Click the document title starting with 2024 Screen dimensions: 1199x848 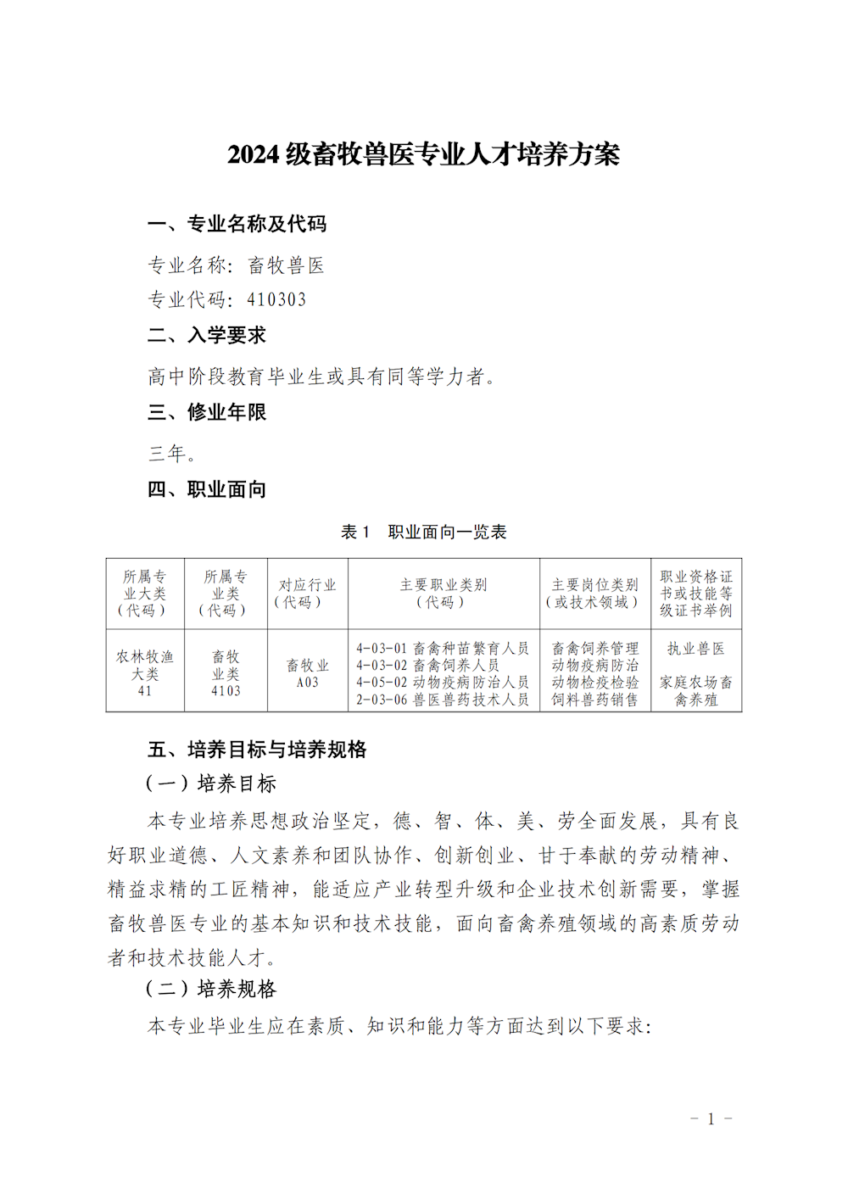pyautogui.click(x=423, y=154)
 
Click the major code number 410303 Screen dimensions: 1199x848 pyautogui.click(x=276, y=299)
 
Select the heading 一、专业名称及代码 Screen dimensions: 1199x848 pyautogui.click(x=237, y=224)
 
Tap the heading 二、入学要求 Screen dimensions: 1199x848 pyautogui.click(x=207, y=336)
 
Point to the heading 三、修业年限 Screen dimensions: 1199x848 pyautogui.click(x=207, y=412)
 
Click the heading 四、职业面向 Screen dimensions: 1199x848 pyautogui.click(x=207, y=489)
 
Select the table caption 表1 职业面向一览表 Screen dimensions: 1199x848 pyautogui.click(x=423, y=532)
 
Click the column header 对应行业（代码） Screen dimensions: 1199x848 pyautogui.click(x=307, y=594)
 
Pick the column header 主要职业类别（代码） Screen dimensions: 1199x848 pyautogui.click(x=443, y=594)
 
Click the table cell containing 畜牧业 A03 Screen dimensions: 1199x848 pyautogui.click(x=307, y=673)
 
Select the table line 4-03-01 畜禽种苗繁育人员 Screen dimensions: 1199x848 pyautogui.click(x=442, y=649)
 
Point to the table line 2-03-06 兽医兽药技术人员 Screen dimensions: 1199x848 pyautogui.click(x=442, y=700)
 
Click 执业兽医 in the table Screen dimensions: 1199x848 pyautogui.click(x=695, y=649)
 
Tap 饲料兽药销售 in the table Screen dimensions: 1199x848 pyautogui.click(x=594, y=700)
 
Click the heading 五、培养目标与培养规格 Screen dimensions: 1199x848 pyautogui.click(x=257, y=750)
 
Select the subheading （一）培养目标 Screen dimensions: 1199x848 pyautogui.click(x=211, y=784)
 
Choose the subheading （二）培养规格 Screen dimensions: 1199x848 pyautogui.click(x=211, y=990)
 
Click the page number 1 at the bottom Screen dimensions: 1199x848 pyautogui.click(x=711, y=1118)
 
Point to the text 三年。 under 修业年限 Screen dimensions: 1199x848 pyautogui.click(x=172, y=454)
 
